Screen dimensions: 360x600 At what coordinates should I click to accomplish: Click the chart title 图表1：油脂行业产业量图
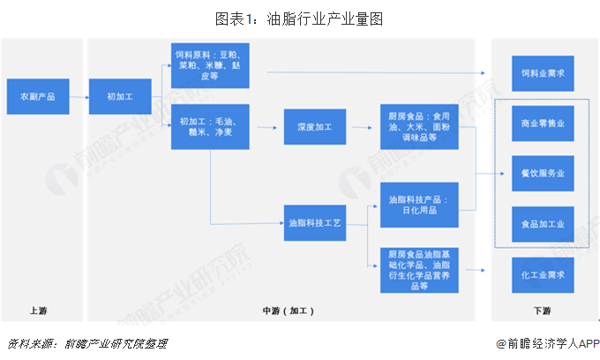click(x=300, y=18)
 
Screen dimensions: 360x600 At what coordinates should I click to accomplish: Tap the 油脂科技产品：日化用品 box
click(x=419, y=206)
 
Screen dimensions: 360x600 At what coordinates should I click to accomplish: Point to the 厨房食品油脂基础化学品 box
click(x=419, y=268)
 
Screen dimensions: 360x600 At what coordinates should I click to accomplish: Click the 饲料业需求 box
click(x=543, y=72)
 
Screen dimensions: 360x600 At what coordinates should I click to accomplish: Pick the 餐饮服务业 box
click(x=543, y=173)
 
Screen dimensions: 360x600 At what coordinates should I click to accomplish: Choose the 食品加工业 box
click(x=543, y=224)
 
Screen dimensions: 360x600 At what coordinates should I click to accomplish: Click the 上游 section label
click(x=38, y=311)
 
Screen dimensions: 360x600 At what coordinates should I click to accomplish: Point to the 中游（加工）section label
click(x=288, y=311)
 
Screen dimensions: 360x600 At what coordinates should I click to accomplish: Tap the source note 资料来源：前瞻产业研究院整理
click(x=86, y=343)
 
